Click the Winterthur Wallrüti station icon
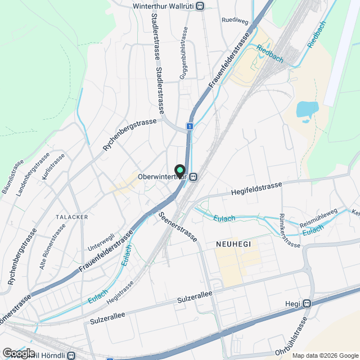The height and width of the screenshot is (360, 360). (201, 6)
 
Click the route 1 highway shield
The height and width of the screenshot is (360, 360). (191, 127)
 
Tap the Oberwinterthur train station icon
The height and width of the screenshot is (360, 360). (193, 177)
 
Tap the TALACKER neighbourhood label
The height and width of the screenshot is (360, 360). (71, 216)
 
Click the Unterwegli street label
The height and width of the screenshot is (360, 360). (101, 243)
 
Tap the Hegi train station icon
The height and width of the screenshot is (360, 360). (307, 304)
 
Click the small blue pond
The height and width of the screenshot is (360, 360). (307, 109)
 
